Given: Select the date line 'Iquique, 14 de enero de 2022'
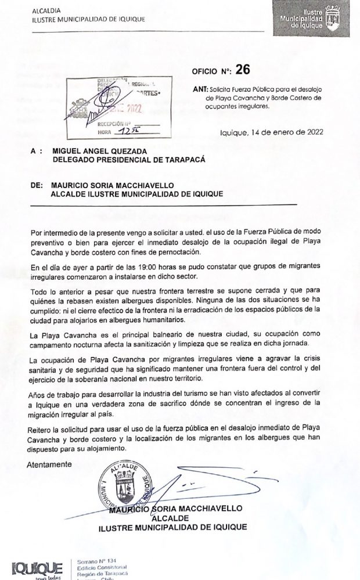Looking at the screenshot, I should tap(272, 132).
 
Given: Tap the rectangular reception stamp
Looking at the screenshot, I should tap(114, 109).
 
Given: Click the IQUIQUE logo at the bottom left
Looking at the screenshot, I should tap(37, 568).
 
